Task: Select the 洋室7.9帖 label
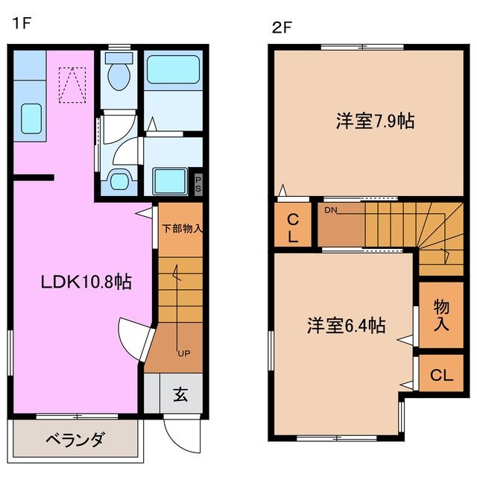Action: point(376,121)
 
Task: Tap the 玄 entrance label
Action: point(181,394)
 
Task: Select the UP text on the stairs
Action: point(183,353)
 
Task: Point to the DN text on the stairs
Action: point(332,210)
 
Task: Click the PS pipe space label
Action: point(198,184)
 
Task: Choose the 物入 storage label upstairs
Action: point(440,315)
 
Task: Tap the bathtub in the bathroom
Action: point(173,70)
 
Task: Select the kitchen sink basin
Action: point(30,116)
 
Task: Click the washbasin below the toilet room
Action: point(119,179)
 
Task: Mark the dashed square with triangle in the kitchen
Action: point(72,85)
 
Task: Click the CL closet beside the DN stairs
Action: point(294,227)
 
